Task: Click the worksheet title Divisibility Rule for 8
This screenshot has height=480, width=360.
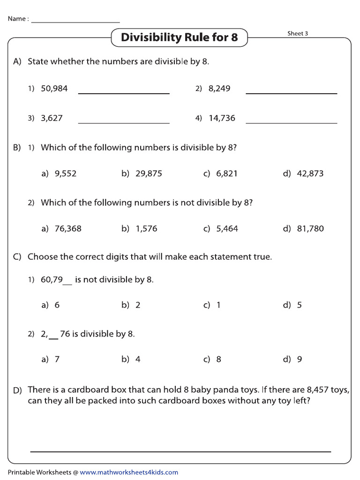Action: [179, 37]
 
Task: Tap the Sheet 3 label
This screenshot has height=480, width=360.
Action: [298, 33]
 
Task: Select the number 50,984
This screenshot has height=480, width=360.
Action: [54, 89]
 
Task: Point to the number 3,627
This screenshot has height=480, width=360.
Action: [52, 118]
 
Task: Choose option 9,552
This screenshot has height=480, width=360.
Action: [65, 173]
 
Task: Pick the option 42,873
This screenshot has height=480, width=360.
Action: [310, 173]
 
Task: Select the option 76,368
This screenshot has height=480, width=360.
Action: [68, 229]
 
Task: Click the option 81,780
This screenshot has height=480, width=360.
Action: [310, 229]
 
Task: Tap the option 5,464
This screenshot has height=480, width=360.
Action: [227, 229]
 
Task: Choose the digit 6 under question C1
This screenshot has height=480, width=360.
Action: [57, 305]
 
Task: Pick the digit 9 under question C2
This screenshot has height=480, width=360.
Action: [300, 360]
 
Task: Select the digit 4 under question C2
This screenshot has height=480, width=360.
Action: [138, 360]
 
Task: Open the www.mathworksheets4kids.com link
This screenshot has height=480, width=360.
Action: [129, 472]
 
